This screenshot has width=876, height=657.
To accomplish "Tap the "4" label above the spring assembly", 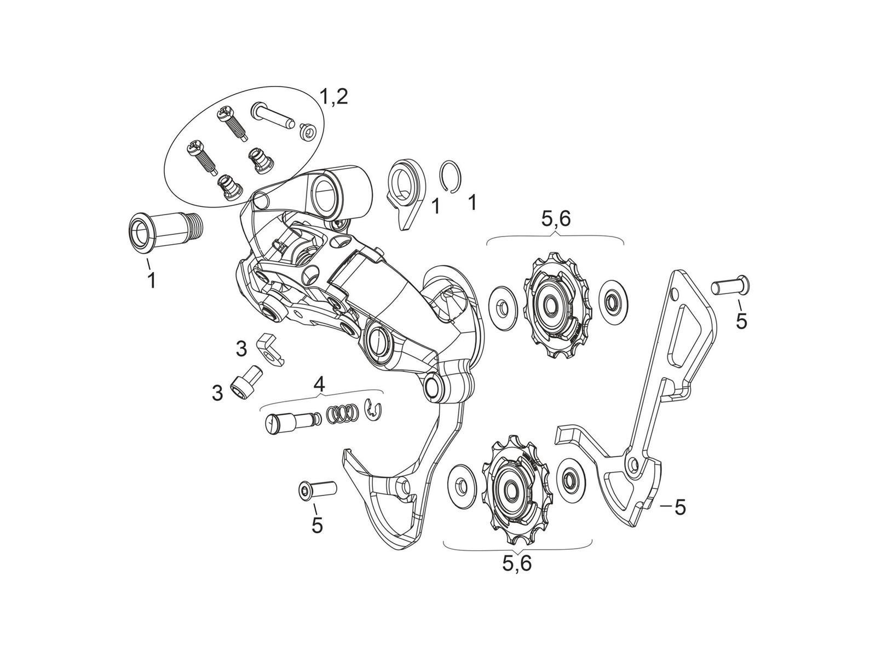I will click(319, 384).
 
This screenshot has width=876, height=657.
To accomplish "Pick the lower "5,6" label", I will click(516, 563).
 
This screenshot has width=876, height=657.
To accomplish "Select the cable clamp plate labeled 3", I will click(272, 349).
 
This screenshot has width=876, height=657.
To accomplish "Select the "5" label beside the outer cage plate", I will click(679, 507).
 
